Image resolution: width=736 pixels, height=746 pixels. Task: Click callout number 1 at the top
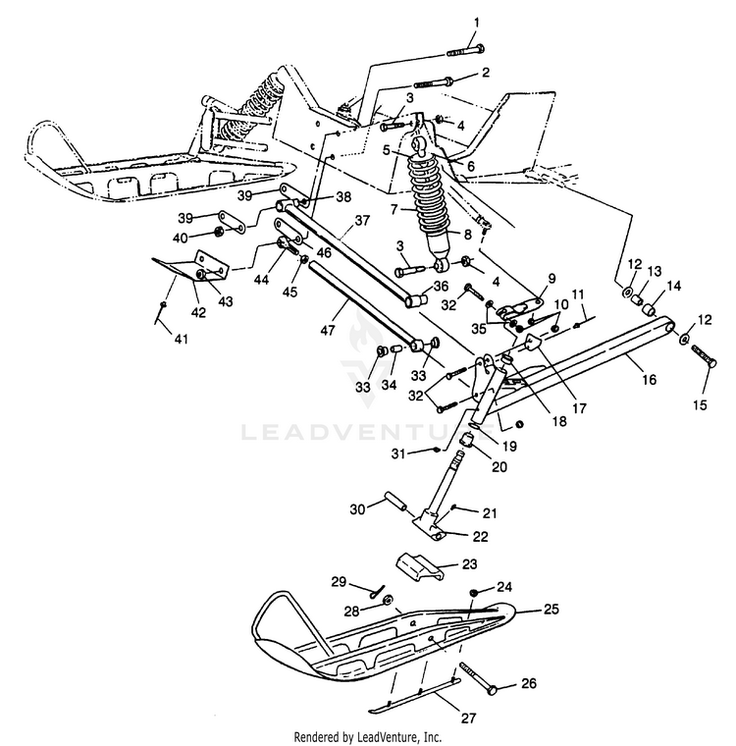[x=477, y=23]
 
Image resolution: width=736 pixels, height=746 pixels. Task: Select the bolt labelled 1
[x=466, y=50]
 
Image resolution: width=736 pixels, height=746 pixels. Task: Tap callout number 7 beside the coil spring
[x=394, y=209]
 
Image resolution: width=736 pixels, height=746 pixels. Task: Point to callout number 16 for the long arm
[x=649, y=379]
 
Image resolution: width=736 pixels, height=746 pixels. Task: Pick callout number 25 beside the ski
[x=551, y=609]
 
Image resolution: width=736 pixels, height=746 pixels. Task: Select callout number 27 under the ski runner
[x=469, y=718]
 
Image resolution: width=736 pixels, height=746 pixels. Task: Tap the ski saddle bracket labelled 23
[x=420, y=566]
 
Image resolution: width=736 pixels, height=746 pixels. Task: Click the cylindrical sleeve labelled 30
[x=395, y=502]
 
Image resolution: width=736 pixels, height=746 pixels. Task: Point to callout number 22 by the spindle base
[x=481, y=537]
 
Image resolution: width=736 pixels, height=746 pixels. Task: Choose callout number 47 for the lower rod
[x=328, y=330]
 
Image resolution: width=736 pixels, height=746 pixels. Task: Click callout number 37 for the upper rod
[x=362, y=221]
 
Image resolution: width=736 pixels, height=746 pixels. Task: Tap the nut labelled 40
[x=219, y=233]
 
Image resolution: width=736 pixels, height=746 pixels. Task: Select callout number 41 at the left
[x=182, y=339]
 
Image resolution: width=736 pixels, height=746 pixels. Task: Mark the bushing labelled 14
[x=649, y=310]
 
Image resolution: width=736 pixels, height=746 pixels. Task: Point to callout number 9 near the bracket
[x=552, y=278]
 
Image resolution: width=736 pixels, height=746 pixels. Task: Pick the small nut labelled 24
[x=474, y=593]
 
